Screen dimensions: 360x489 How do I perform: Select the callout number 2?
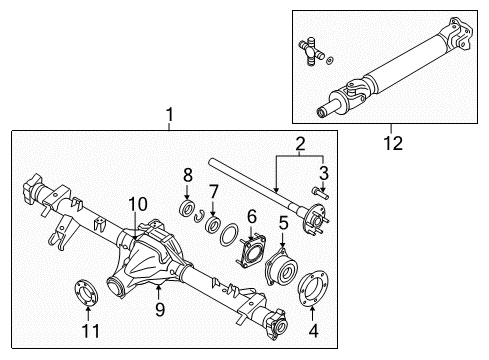coord(298,146)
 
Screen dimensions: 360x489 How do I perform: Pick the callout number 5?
coord(284,222)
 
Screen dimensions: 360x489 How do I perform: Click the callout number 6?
coord(252,215)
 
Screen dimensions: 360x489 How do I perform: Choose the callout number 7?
coord(212,191)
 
